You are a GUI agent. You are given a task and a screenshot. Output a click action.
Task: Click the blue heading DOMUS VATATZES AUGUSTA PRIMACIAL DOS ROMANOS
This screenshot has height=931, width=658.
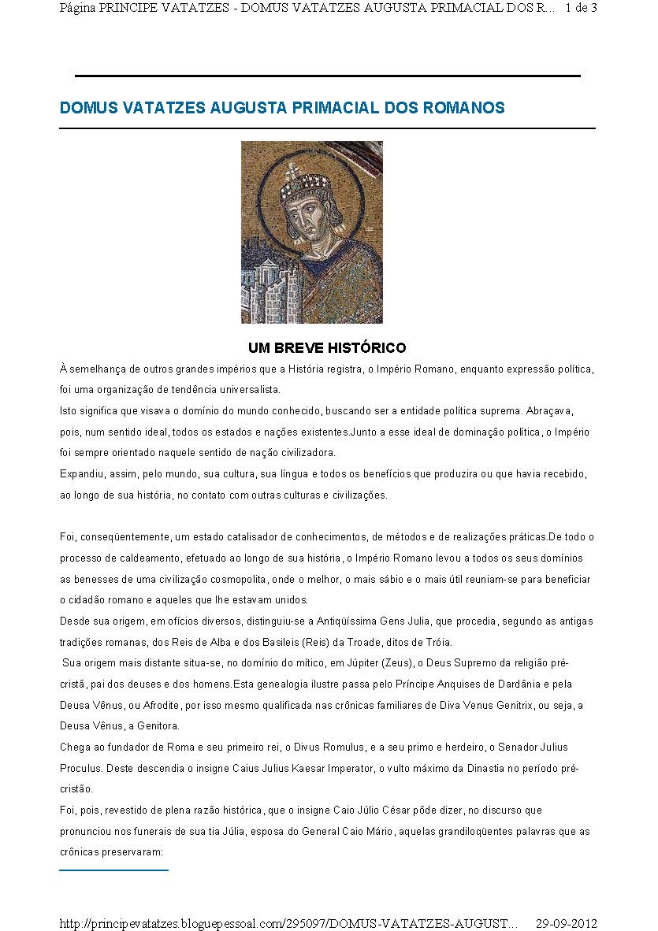point(282,108)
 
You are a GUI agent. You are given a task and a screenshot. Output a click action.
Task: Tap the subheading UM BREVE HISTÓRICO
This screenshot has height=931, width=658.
point(327,347)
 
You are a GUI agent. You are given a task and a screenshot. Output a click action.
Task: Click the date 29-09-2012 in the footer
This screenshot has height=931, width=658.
point(567,922)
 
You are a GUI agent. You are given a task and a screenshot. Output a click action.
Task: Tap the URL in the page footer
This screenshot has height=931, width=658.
point(288,922)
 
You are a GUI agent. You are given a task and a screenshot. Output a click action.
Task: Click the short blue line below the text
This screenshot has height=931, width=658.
point(113,870)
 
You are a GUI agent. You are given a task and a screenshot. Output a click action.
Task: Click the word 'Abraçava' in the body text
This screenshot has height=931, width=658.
point(569,411)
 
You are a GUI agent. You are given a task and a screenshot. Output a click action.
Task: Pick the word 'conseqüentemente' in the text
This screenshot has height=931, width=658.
point(125,536)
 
